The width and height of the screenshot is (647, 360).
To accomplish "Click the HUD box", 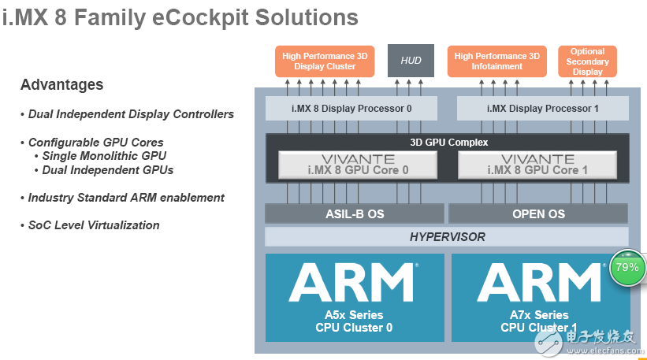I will (411, 61).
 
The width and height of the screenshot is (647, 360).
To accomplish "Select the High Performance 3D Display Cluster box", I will (325, 61).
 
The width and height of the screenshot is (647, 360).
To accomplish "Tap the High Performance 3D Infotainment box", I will (496, 61).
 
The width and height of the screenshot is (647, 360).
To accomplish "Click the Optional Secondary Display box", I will (587, 61).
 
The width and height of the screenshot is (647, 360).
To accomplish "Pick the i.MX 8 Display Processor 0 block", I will (351, 108).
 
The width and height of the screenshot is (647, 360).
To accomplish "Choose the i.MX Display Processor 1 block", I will (542, 108).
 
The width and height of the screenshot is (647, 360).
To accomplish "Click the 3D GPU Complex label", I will (449, 143).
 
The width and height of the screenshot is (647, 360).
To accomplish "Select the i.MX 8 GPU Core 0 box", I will (357, 165).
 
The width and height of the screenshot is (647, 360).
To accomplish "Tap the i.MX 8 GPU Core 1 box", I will (537, 165).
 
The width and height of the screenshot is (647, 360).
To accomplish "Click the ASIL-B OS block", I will (354, 213).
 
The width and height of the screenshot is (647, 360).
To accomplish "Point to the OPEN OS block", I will (538, 213).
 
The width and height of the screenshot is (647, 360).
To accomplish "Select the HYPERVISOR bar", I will (447, 236).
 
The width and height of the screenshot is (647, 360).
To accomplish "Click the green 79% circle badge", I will (627, 268).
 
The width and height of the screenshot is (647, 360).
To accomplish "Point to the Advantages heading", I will (61, 84).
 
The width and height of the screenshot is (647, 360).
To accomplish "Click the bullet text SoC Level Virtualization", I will (93, 225).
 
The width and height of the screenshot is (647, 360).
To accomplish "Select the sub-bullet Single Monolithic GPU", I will (104, 156).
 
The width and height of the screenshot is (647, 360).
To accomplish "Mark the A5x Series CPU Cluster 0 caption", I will (355, 321).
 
